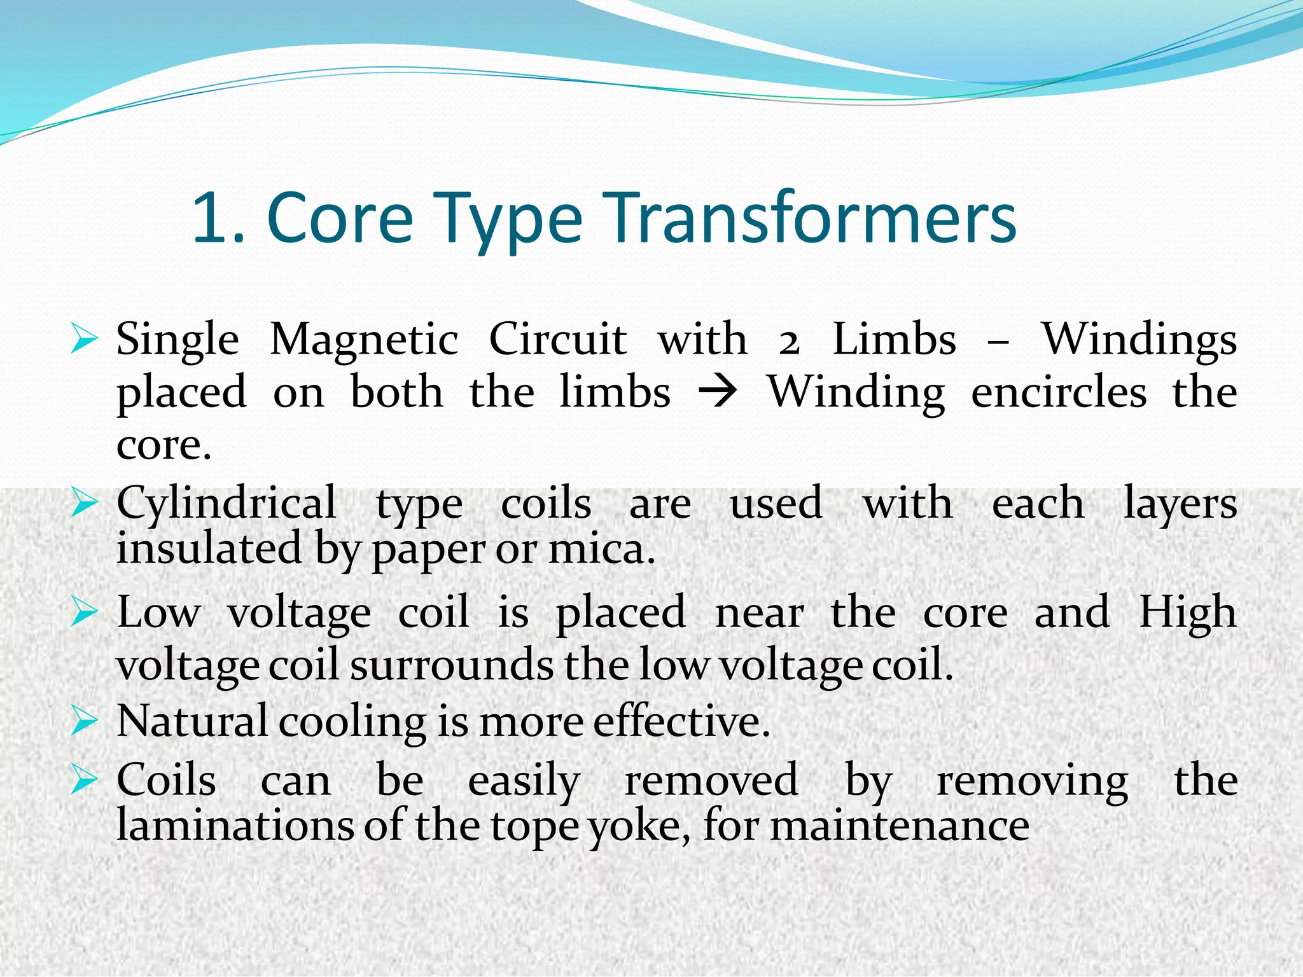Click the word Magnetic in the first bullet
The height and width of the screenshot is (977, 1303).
[x=364, y=339]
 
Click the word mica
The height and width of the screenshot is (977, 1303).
[x=601, y=548]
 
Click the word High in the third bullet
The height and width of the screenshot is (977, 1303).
[x=1187, y=613]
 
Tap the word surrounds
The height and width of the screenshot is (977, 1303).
[x=452, y=665]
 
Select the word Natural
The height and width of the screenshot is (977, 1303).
[x=192, y=721]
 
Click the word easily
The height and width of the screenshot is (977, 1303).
[x=523, y=781]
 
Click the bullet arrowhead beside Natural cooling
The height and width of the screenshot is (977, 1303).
[x=84, y=722]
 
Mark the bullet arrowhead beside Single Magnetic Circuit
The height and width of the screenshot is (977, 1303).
[x=84, y=338]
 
